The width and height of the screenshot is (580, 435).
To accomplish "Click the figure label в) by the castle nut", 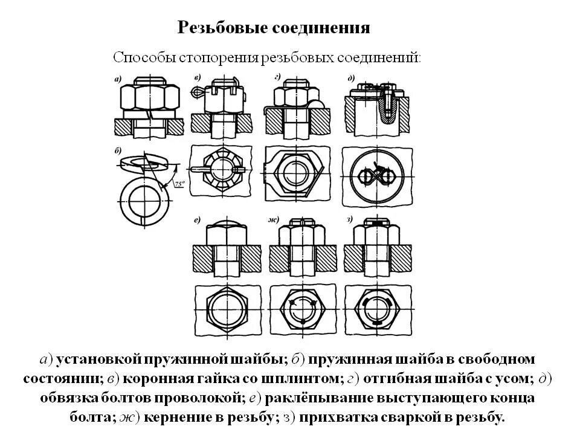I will point(198,78).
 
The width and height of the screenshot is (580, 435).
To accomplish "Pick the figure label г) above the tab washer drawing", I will point(277,77).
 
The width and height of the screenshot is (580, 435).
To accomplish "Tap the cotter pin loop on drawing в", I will point(197,92).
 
